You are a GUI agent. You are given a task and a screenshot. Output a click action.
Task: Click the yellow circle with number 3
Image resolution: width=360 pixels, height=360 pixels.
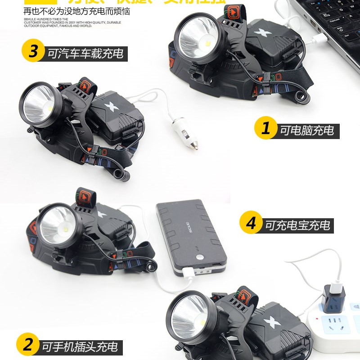tap(33, 52)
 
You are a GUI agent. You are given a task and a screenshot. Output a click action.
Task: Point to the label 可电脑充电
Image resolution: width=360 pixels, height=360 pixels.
tap(307, 130)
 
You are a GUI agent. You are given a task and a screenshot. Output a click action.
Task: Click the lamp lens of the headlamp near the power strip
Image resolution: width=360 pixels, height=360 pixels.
tap(189, 315)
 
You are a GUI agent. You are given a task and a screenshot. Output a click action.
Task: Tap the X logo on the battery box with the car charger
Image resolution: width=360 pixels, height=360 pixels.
tap(110, 107)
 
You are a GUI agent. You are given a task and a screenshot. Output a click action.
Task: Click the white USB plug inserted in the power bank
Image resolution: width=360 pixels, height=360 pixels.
tap(188, 272)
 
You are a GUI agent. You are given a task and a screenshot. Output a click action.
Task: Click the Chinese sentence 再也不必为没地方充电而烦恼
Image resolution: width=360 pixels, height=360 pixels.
tap(76, 11)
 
